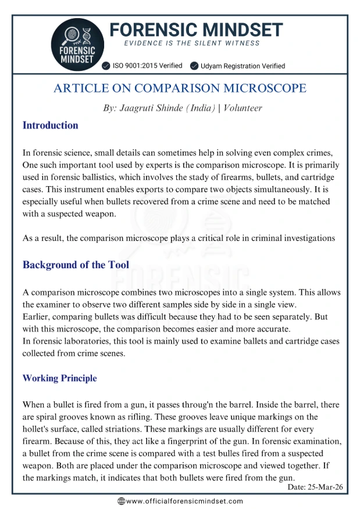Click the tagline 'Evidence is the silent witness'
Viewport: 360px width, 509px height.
(x=192, y=44)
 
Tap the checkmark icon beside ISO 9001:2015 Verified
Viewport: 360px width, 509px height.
(x=106, y=66)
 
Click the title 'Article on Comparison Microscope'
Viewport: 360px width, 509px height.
(x=180, y=88)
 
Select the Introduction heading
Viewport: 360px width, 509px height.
(x=50, y=125)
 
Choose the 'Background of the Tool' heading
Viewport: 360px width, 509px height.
(x=76, y=265)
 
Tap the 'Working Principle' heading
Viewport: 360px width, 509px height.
(x=59, y=378)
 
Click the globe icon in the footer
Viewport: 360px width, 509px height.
(x=121, y=501)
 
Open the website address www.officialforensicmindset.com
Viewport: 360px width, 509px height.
(x=184, y=501)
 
